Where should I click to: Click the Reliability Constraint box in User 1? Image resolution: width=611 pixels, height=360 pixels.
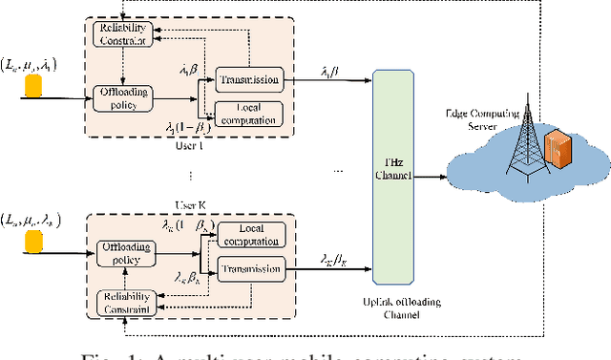[121, 33]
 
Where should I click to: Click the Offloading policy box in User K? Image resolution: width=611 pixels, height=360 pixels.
[125, 254]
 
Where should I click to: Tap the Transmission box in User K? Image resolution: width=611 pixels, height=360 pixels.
[250, 270]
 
